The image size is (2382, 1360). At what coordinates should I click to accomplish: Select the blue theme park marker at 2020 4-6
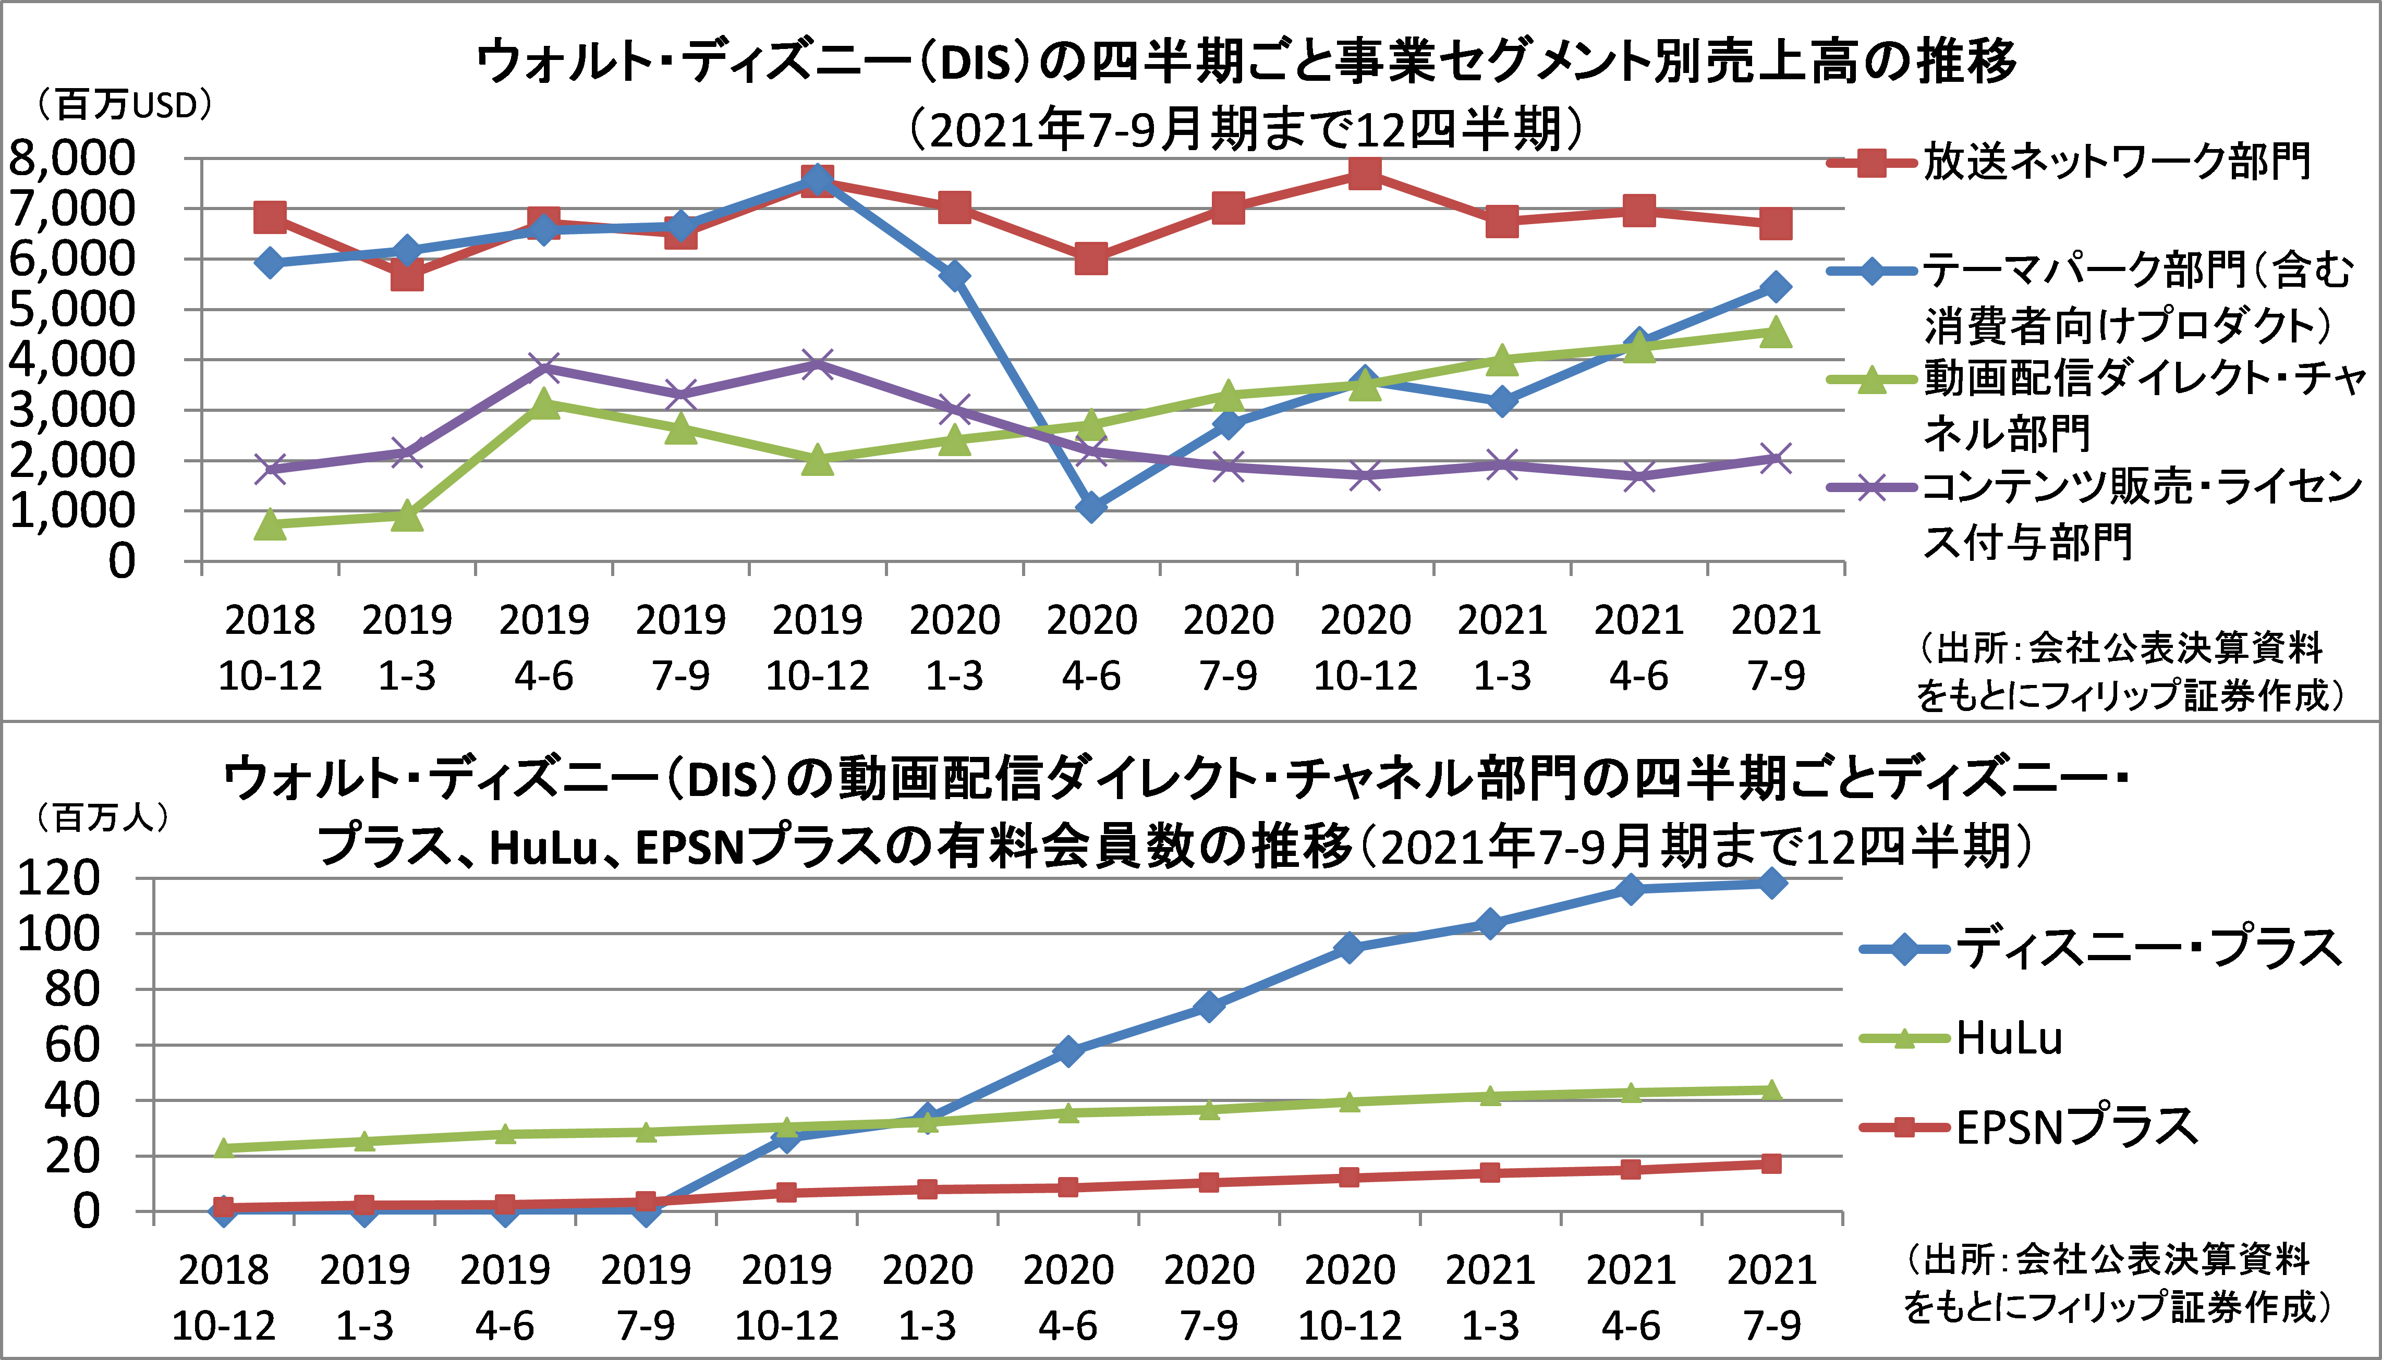click(x=1091, y=507)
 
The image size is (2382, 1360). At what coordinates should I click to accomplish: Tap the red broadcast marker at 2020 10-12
click(x=1365, y=173)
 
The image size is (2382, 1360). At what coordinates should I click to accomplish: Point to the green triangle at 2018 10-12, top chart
click(x=270, y=524)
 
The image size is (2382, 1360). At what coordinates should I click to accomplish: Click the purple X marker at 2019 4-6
click(x=544, y=367)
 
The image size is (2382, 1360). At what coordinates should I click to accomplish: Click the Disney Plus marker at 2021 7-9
click(x=1771, y=883)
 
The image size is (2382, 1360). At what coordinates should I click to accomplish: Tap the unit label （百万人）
click(x=101, y=818)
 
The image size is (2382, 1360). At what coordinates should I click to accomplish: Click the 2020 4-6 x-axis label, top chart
click(x=1091, y=647)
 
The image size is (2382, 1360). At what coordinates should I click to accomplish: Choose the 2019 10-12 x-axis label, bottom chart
click(x=786, y=1297)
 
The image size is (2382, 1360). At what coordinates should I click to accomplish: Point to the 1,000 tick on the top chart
click(x=72, y=511)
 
